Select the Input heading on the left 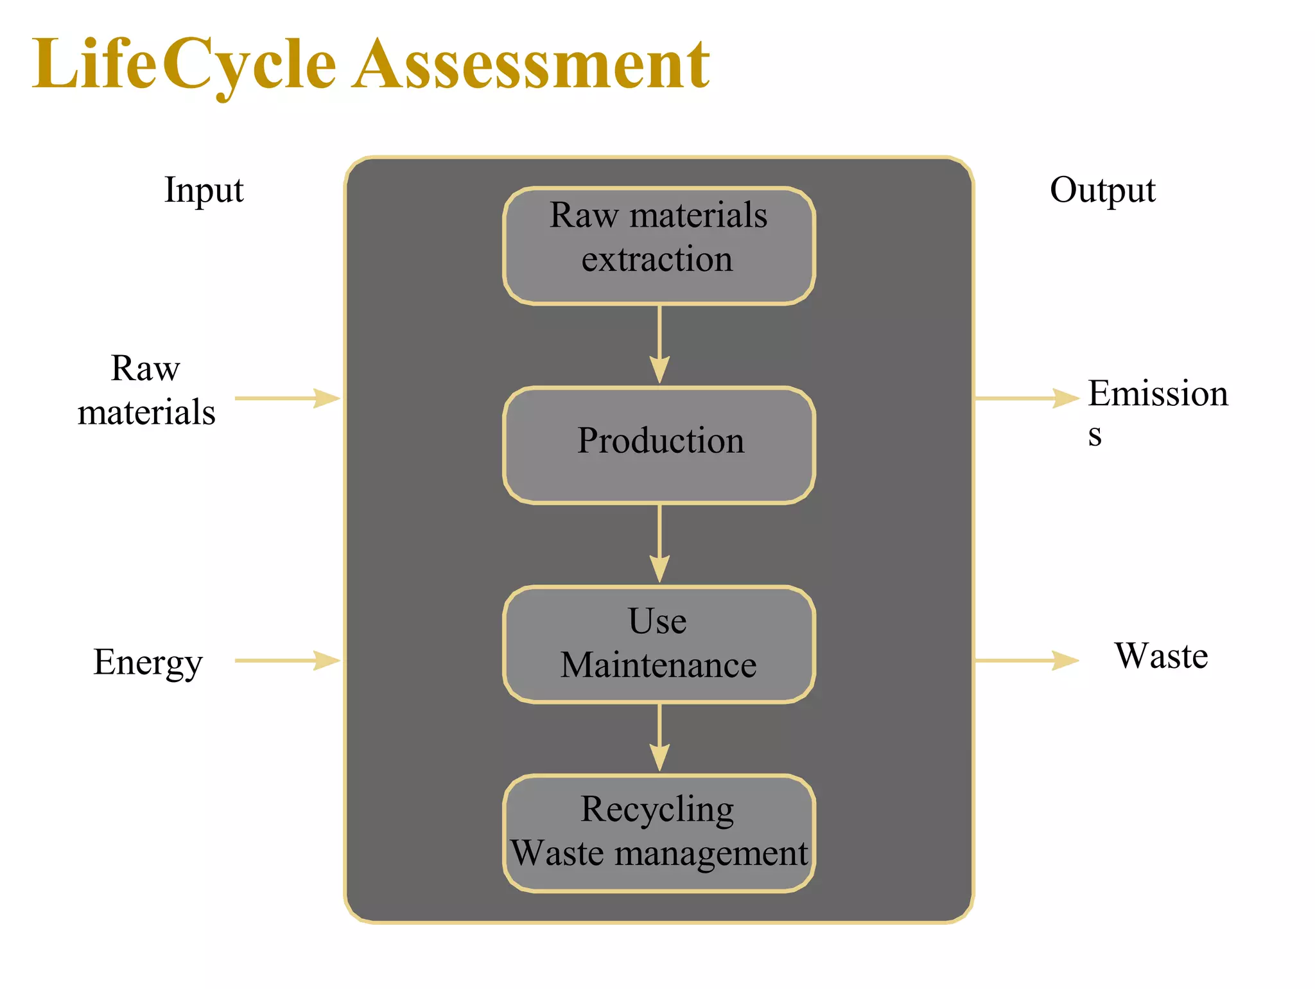[204, 190]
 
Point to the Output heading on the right [1102, 190]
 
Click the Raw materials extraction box [659, 245]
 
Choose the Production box [659, 444]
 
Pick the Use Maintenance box [659, 643]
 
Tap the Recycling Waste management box [659, 833]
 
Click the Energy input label [148, 663]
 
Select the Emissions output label [1157, 411]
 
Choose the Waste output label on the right [1161, 656]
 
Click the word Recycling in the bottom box [657, 809]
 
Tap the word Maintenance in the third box [658, 665]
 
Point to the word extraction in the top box [657, 259]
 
